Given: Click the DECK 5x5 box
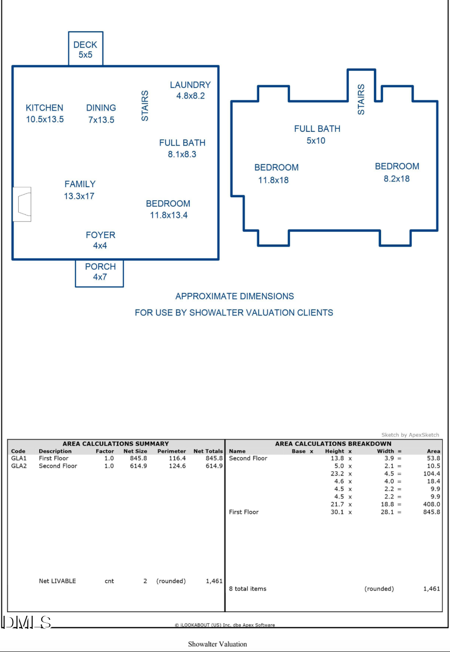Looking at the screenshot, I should (86, 49).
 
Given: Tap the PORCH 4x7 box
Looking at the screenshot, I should (100, 272).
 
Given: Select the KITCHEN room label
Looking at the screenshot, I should (45, 113).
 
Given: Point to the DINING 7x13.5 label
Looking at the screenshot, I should (101, 113).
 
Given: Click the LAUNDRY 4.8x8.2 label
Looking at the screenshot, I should (190, 90).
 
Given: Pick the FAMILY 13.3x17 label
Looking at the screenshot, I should (80, 190).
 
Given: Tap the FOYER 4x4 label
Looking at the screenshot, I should (100, 240).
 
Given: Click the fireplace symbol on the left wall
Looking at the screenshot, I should (22, 204).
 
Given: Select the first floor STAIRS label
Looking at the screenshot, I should (145, 106).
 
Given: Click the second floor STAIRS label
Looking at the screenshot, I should (361, 100).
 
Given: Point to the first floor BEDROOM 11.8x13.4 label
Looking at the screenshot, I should (168, 209).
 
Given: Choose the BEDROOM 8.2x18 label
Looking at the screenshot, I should (397, 172).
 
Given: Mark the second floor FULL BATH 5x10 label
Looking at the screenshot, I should (317, 134).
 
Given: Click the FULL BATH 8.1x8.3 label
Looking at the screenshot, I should (182, 148).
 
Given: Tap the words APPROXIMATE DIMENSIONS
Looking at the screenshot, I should (235, 296).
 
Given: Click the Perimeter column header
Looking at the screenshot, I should (171, 451).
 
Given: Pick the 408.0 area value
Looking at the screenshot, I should (431, 504).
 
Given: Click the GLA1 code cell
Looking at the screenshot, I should (19, 458).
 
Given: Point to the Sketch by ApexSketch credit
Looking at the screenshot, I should (410, 435).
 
